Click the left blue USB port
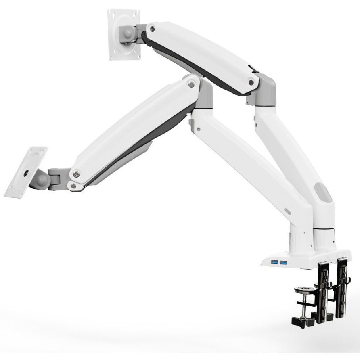(274, 263)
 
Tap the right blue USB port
(283, 263)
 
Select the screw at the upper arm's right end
(252, 82)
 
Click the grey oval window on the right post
(325, 192)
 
